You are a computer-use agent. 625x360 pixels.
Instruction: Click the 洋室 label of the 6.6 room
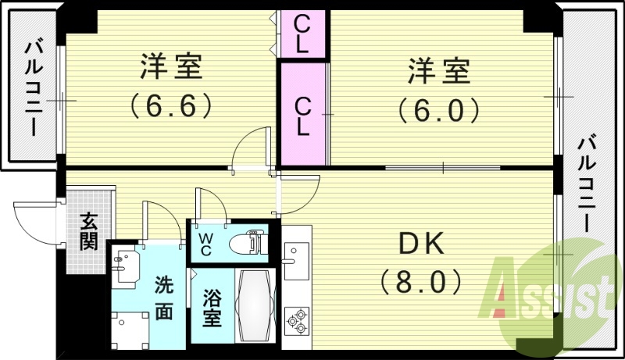point(172,69)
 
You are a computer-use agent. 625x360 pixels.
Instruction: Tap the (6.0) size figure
point(437,110)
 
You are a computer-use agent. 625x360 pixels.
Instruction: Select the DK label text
point(423,244)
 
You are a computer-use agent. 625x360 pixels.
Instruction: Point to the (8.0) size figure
point(422,279)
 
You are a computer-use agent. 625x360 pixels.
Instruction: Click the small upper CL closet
point(302,34)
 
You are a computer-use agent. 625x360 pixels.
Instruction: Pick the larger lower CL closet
point(302,113)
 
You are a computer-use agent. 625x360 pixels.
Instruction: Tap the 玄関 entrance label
point(87,231)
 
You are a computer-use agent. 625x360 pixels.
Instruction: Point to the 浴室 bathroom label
point(211,309)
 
